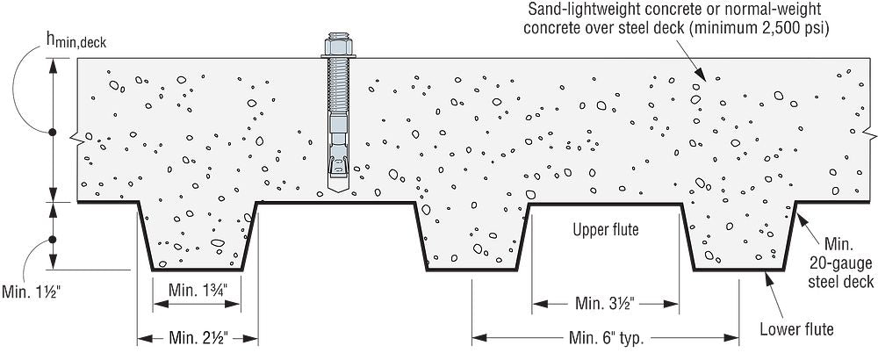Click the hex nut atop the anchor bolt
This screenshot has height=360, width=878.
337,46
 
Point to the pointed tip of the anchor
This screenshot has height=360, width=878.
337,192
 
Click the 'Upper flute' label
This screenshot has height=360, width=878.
605,230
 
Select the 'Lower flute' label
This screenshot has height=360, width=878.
796,329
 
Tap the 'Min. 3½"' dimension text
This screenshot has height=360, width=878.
605,304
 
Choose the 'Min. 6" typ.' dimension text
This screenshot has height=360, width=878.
606,337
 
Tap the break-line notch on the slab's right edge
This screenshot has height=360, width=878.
868,133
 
